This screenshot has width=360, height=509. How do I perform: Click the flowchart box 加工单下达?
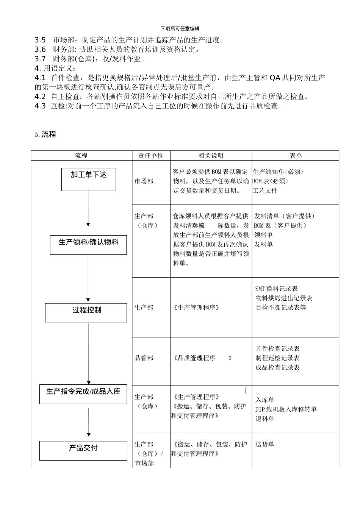coord(89,179)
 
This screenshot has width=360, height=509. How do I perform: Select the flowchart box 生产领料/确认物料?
coord(88,245)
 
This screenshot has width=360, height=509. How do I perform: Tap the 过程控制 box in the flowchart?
coord(86,312)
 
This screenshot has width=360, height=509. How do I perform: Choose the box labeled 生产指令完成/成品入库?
coord(83,394)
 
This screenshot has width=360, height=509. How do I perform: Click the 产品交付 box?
coord(83,450)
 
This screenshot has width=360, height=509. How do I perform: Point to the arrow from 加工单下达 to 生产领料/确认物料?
coord(88,208)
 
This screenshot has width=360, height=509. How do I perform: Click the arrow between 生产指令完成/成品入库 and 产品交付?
coord(89,422)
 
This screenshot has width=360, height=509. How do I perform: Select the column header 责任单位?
coord(151,156)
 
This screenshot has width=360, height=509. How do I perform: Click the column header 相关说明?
coord(211,156)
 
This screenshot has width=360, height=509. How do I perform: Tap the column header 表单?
coord(296,156)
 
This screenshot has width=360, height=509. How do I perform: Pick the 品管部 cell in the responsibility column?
coord(144,358)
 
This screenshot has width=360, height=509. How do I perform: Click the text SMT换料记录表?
coord(277,289)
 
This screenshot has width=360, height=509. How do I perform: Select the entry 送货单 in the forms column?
coord(265,444)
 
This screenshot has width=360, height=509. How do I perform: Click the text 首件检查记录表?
coord(278,348)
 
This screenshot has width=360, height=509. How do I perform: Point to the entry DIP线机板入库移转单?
coord(286,409)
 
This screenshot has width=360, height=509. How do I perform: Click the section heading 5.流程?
coord(45,134)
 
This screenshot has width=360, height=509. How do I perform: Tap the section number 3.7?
coord(40,59)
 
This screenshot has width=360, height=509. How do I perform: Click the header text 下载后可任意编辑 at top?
coord(180,28)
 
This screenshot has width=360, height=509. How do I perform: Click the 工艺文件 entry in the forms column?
coord(265,190)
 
